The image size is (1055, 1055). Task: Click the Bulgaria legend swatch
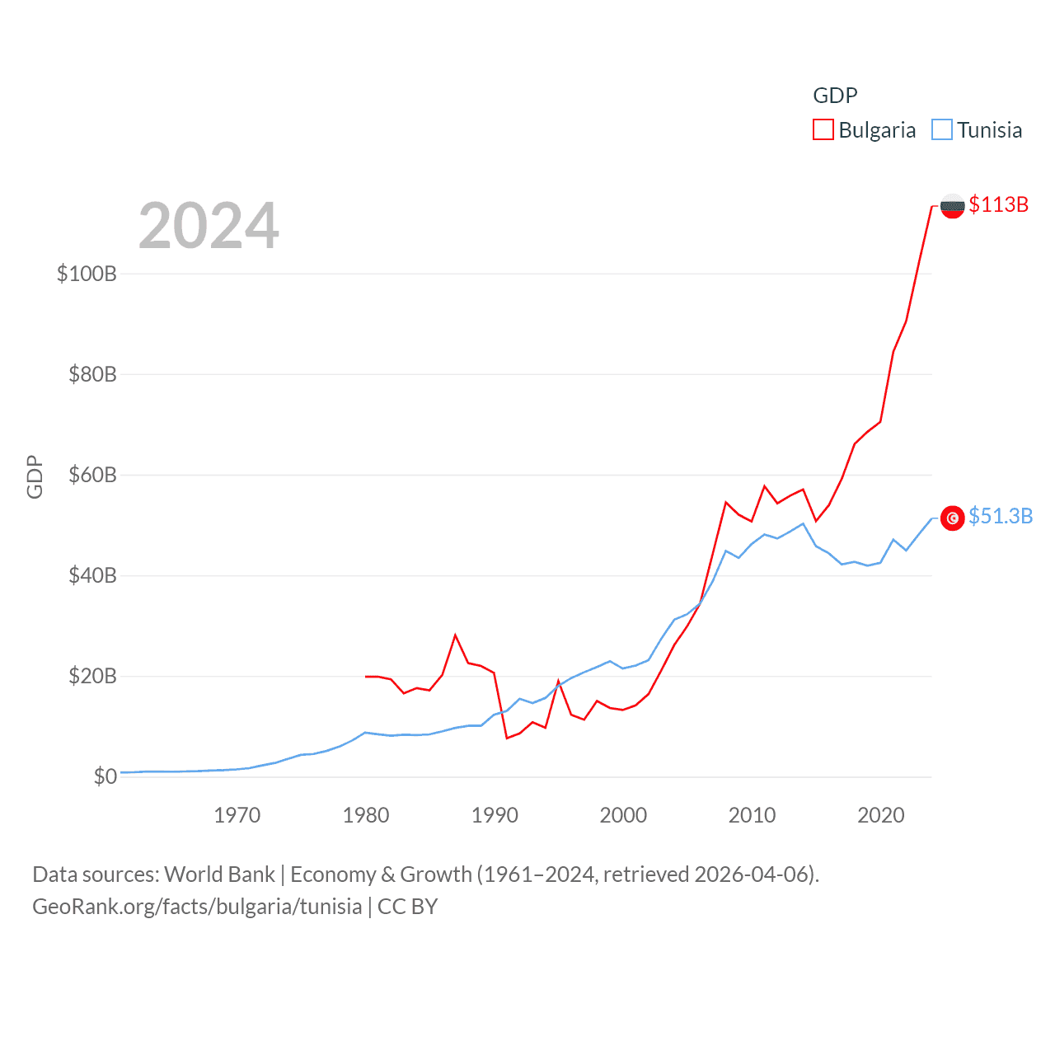pyautogui.click(x=823, y=130)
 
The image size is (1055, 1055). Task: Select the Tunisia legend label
pyautogui.click(x=989, y=130)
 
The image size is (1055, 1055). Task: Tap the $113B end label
pyautogui.click(x=998, y=204)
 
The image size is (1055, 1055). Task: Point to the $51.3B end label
pyautogui.click(x=1001, y=516)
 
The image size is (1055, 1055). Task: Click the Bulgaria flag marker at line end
pyautogui.click(x=952, y=206)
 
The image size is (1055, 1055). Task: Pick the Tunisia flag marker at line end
pyautogui.click(x=952, y=518)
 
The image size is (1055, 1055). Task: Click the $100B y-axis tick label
pyautogui.click(x=87, y=274)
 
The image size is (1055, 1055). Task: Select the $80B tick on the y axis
pyautogui.click(x=92, y=374)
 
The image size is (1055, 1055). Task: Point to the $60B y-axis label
pyautogui.click(x=92, y=475)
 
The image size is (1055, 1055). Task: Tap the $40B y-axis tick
pyautogui.click(x=92, y=575)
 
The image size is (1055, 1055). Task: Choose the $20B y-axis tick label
pyautogui.click(x=92, y=676)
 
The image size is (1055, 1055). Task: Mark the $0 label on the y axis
pyautogui.click(x=105, y=776)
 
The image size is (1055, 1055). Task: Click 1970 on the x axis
pyautogui.click(x=237, y=815)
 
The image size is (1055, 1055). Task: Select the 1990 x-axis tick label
pyautogui.click(x=495, y=815)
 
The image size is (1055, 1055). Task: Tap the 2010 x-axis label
pyautogui.click(x=752, y=815)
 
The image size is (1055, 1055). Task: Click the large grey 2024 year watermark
pyautogui.click(x=209, y=225)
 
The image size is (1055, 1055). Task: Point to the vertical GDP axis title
pyautogui.click(x=35, y=476)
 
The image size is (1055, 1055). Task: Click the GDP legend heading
pyautogui.click(x=835, y=96)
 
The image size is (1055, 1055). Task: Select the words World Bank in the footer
pyautogui.click(x=219, y=874)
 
